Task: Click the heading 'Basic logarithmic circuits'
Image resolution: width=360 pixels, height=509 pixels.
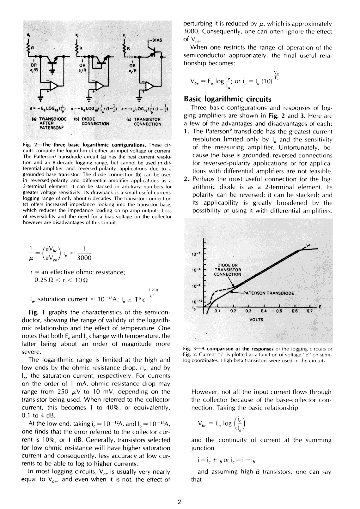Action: [x=228, y=99]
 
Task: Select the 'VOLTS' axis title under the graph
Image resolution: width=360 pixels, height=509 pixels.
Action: [x=256, y=320]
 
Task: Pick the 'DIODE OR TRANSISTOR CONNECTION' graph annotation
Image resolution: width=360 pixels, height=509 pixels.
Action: [x=228, y=270]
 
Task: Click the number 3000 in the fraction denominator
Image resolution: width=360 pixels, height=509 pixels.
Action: [x=84, y=258]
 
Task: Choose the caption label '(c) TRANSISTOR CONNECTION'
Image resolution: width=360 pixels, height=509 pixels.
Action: [x=147, y=122]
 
